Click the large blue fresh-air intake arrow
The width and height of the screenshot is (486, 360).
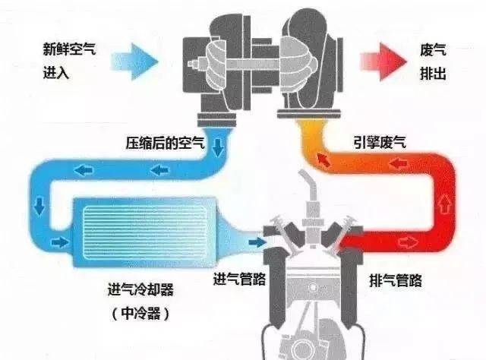[135, 62]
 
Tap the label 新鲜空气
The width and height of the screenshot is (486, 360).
[69, 49]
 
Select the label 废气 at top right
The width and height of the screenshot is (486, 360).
[433, 49]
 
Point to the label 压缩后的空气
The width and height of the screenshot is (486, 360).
[165, 143]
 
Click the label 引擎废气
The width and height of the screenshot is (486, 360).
[380, 142]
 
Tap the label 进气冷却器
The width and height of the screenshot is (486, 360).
[140, 289]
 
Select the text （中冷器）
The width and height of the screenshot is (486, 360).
[140, 314]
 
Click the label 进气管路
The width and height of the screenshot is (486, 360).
[239, 279]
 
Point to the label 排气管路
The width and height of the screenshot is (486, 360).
[396, 280]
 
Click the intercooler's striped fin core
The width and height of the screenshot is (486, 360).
[145, 232]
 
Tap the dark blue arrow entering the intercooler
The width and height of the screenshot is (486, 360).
[60, 242]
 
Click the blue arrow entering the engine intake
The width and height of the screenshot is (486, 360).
[257, 242]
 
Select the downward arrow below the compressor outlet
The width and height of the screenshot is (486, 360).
[218, 147]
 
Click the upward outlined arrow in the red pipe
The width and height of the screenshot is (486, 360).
[445, 203]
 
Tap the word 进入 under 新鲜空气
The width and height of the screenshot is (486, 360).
[56, 74]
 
